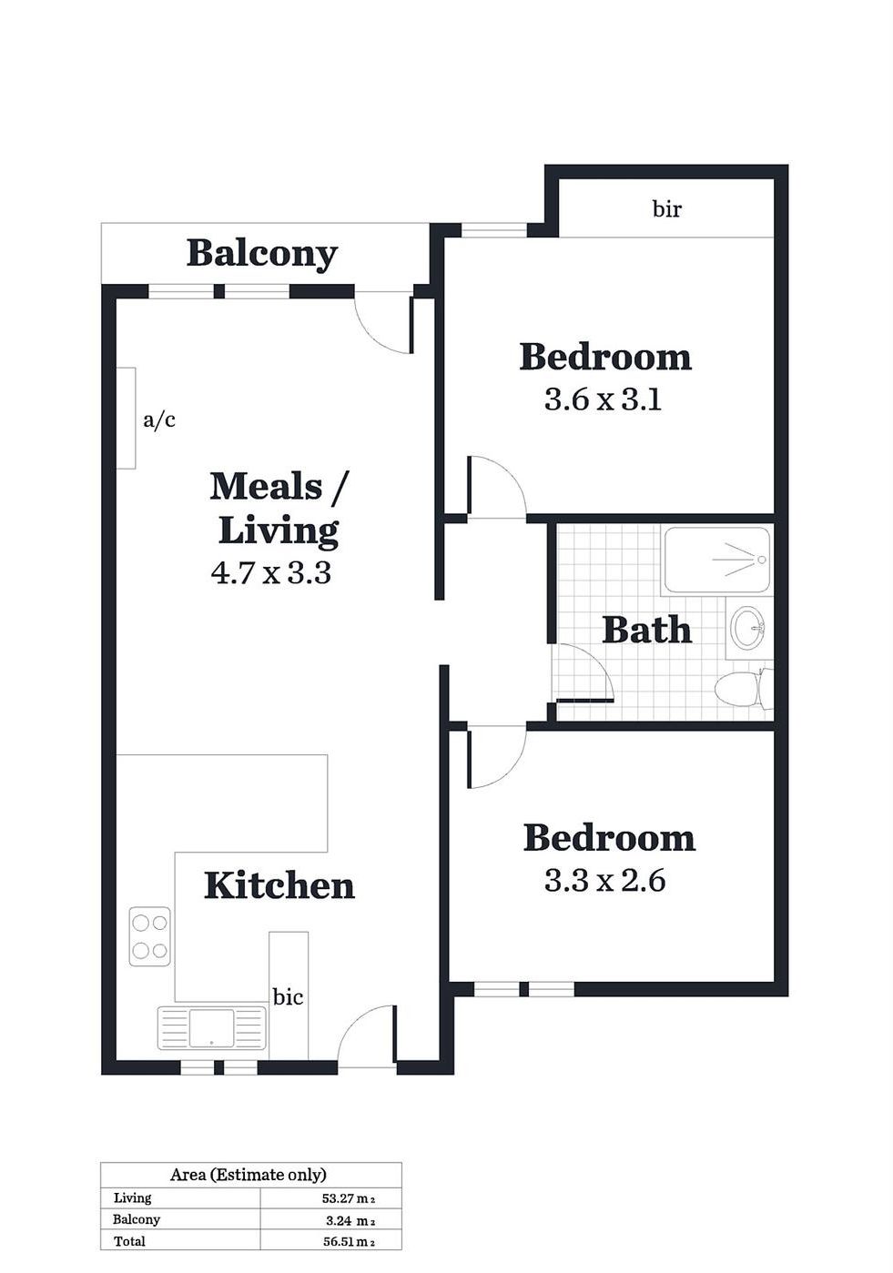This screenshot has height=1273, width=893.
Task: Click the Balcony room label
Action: tap(262, 254)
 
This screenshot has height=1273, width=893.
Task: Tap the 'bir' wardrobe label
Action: tap(666, 209)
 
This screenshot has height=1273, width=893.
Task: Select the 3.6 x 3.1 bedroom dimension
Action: tap(604, 400)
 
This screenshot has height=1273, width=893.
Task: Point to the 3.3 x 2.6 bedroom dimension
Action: tap(604, 881)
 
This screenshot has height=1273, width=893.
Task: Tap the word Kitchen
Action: tap(279, 886)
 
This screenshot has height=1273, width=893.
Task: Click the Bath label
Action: tap(647, 631)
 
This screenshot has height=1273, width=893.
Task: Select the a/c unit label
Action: tap(159, 420)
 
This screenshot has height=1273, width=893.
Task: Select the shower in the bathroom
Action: tap(717, 561)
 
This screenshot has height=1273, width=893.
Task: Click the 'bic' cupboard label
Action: tap(289, 996)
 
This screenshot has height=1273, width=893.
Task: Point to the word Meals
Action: tap(266, 488)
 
